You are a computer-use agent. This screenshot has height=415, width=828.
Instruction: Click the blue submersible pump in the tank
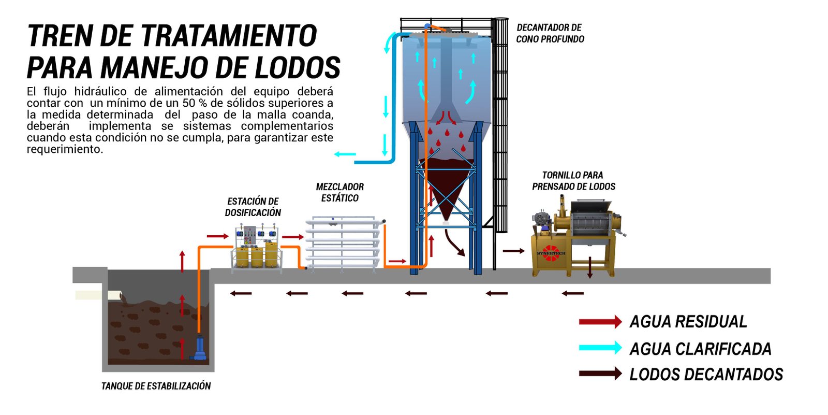pos(199,348)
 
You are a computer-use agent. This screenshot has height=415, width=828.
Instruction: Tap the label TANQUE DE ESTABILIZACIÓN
pos(156,386)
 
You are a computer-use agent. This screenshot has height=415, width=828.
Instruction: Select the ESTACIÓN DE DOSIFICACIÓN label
pos(253,207)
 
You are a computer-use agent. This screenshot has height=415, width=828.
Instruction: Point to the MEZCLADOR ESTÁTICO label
pos(339,192)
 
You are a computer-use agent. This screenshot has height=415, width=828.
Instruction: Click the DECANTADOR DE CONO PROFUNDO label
pos(550,33)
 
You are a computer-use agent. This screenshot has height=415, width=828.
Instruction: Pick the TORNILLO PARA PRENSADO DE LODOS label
pos(573,181)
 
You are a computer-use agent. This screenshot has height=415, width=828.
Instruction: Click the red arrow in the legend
pos(600,322)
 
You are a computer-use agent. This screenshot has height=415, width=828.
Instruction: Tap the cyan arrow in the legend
pos(600,348)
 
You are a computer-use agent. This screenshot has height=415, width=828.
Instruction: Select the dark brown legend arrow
pos(600,374)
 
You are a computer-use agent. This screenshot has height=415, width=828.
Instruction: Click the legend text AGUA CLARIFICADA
pos(700,349)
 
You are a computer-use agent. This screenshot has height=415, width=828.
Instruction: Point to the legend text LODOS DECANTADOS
pos(706,375)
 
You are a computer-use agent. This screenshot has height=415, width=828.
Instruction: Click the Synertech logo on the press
pos(551,253)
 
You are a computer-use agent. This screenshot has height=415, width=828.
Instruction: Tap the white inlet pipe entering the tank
pos(98,295)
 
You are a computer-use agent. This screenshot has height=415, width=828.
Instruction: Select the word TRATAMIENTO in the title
pos(228,36)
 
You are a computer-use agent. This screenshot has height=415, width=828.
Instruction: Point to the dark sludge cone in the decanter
pos(446,181)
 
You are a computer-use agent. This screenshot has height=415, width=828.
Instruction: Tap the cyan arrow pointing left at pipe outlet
pos(345,154)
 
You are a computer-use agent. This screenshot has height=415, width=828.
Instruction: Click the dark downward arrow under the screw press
pos(589,267)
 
